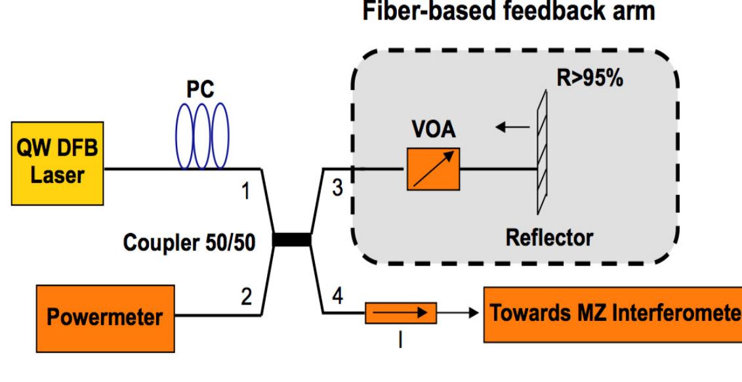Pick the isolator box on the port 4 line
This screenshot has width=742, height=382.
(400, 312)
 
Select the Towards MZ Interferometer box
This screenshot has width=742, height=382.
(611, 313)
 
